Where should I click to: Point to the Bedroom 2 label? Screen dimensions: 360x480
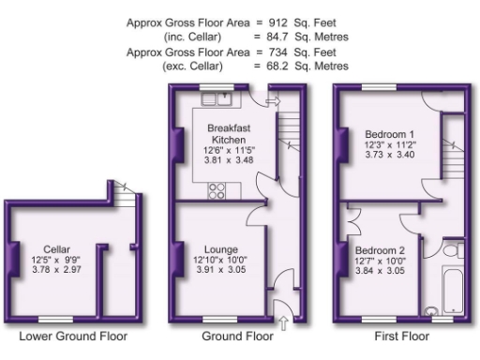tap(380, 250)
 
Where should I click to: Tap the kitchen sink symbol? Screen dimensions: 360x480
tap(223, 96)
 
